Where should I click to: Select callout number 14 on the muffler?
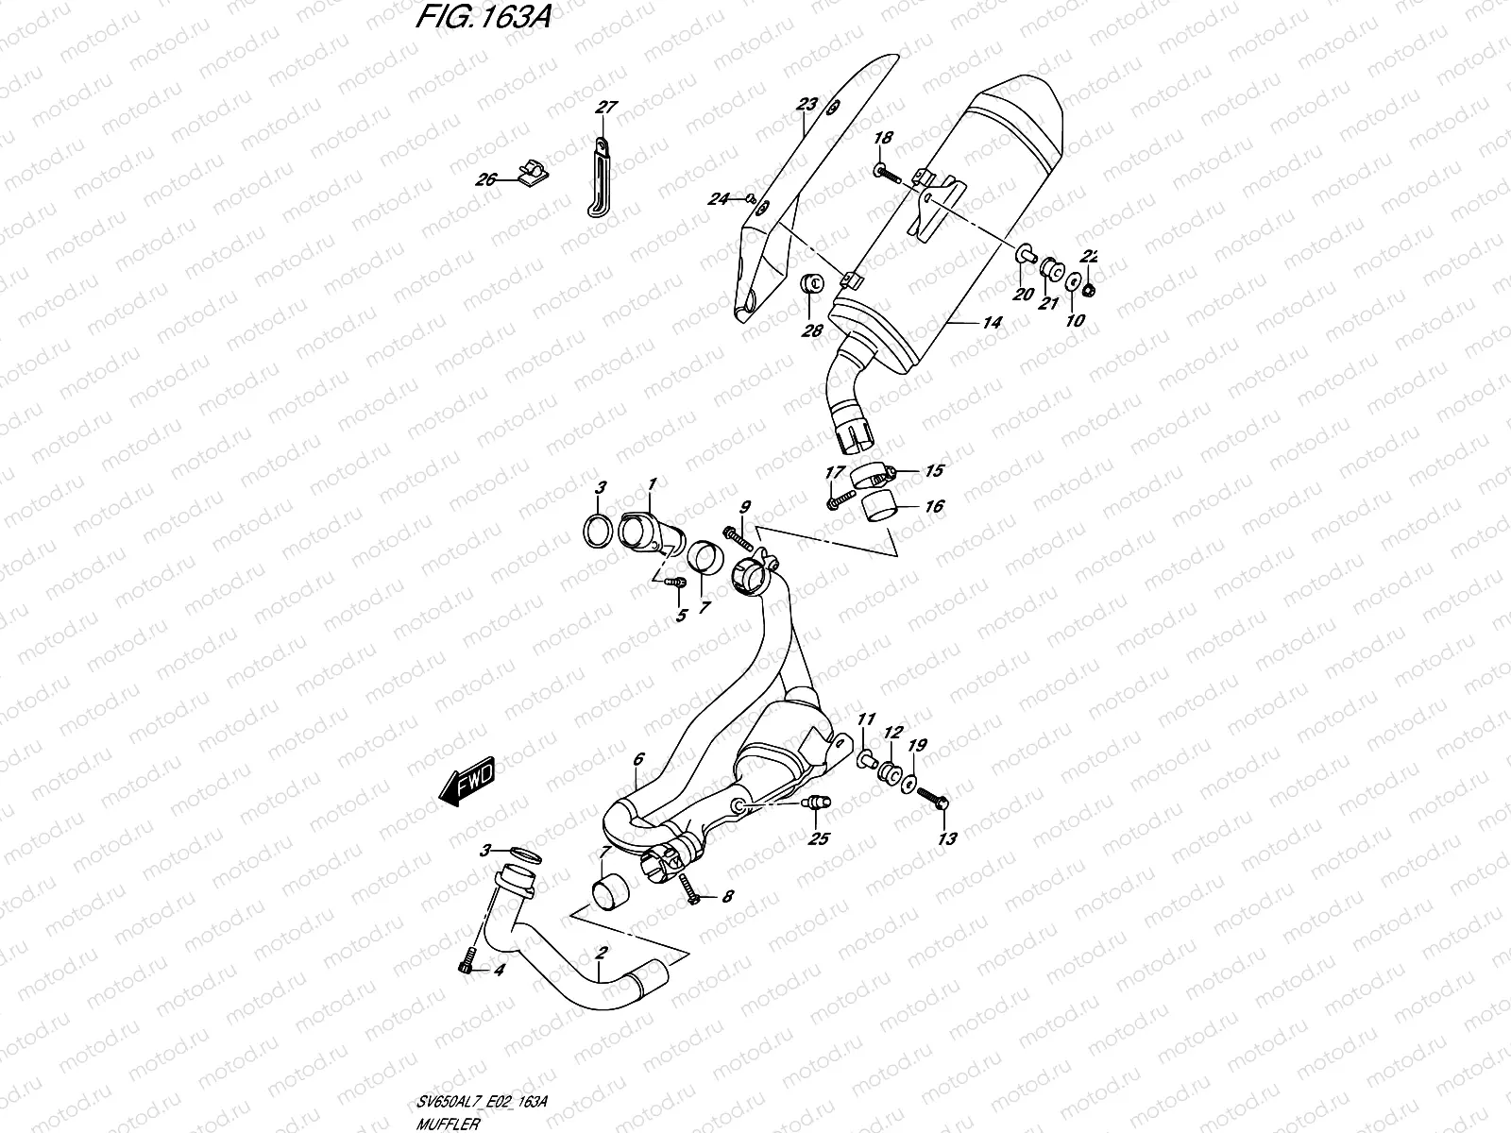point(991,322)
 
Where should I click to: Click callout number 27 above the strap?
point(605,108)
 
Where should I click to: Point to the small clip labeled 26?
point(535,173)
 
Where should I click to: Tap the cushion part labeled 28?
point(811,284)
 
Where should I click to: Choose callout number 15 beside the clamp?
point(934,470)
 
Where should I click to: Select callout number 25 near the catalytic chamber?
point(818,838)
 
